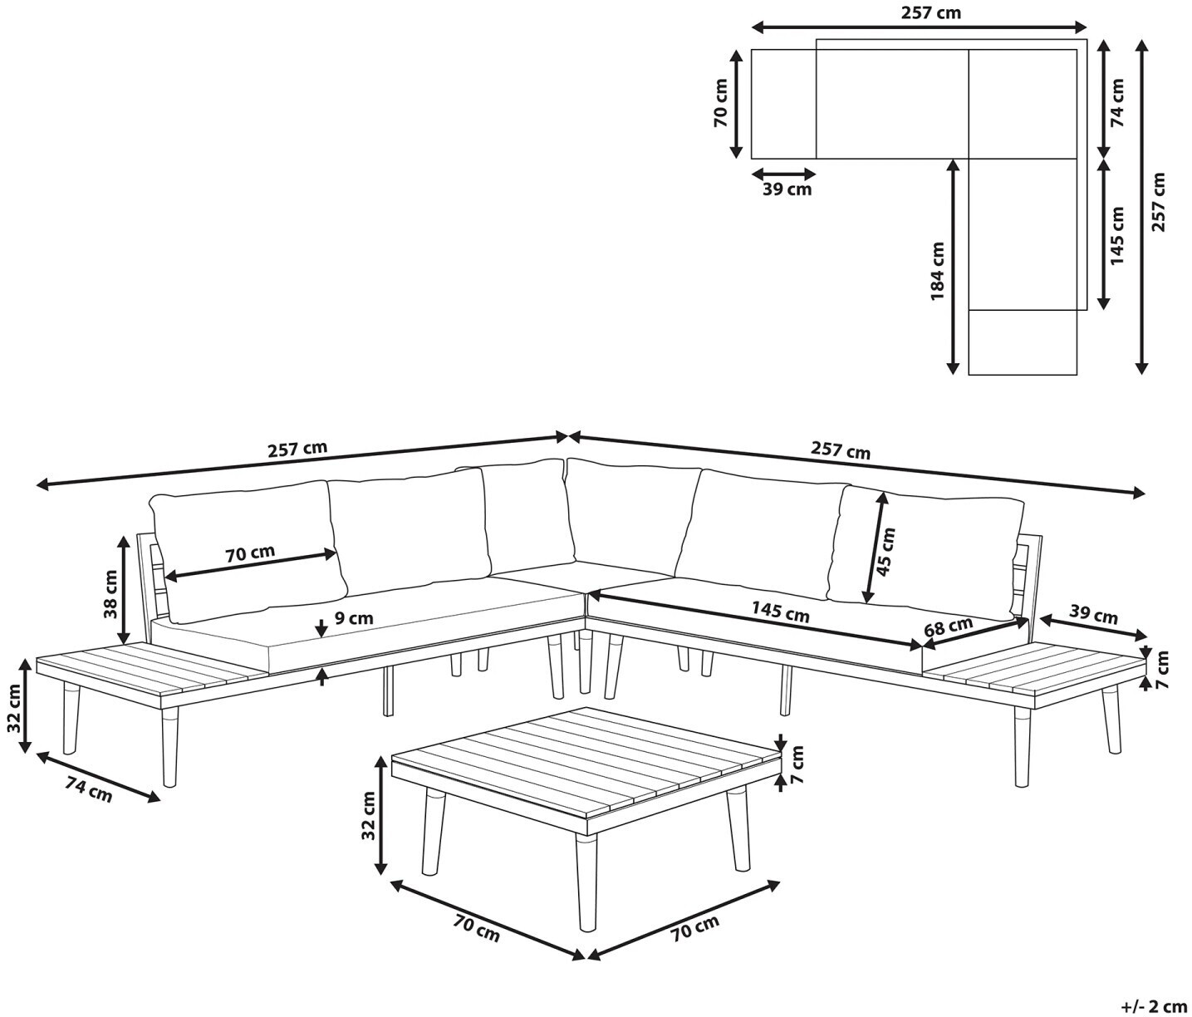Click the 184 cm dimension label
tap(938, 271)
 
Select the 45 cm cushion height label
tap(885, 553)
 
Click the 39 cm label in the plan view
tap(787, 189)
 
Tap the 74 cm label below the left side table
tap(89, 789)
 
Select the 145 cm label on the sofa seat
tap(780, 612)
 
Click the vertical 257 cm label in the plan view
tap(1157, 203)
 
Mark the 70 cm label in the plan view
tap(721, 102)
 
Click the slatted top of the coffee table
tap(586, 760)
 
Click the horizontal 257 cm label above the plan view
tap(931, 12)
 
